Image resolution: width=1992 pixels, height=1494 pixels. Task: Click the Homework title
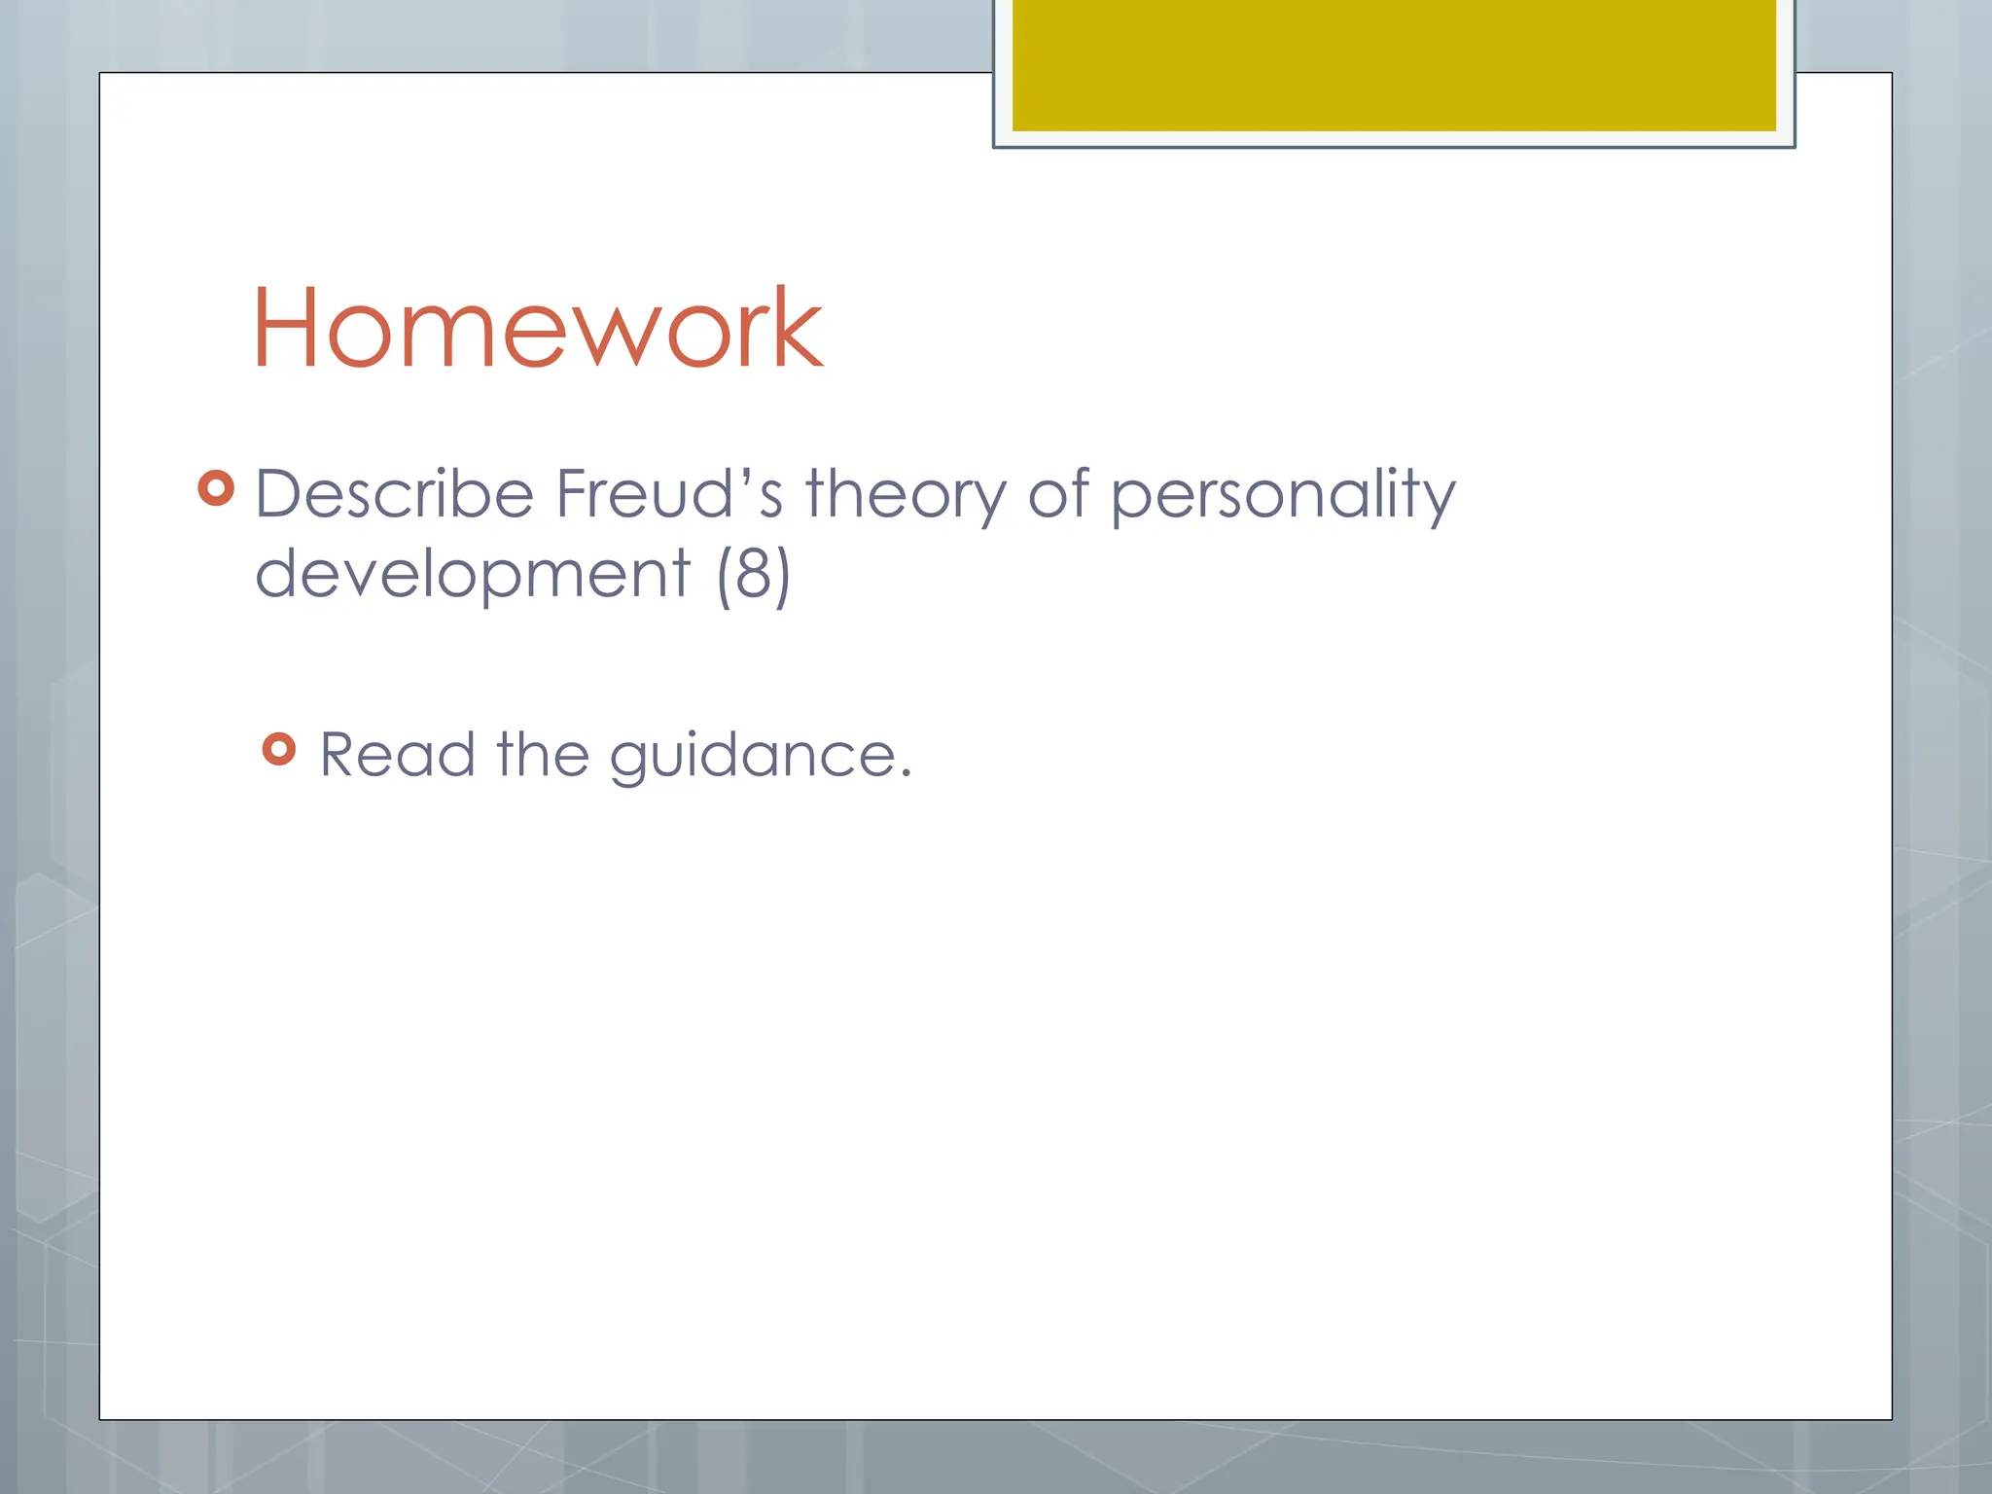click(538, 328)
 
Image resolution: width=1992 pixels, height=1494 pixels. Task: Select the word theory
click(906, 496)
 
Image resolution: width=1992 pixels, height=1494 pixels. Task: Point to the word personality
click(1283, 496)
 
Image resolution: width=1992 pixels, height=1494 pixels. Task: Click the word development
click(473, 574)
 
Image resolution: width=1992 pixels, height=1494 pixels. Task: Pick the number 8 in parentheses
click(754, 574)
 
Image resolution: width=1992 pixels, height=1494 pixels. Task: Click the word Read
click(398, 755)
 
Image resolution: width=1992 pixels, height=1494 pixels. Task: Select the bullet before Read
click(279, 749)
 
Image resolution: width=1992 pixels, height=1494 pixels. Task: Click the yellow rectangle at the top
click(1394, 65)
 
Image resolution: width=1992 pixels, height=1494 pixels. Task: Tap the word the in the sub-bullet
click(543, 755)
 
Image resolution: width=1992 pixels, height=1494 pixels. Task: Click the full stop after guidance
click(906, 774)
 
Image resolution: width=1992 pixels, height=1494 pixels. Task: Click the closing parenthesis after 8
click(783, 576)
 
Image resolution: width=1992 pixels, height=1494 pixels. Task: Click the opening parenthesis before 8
click(724, 576)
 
